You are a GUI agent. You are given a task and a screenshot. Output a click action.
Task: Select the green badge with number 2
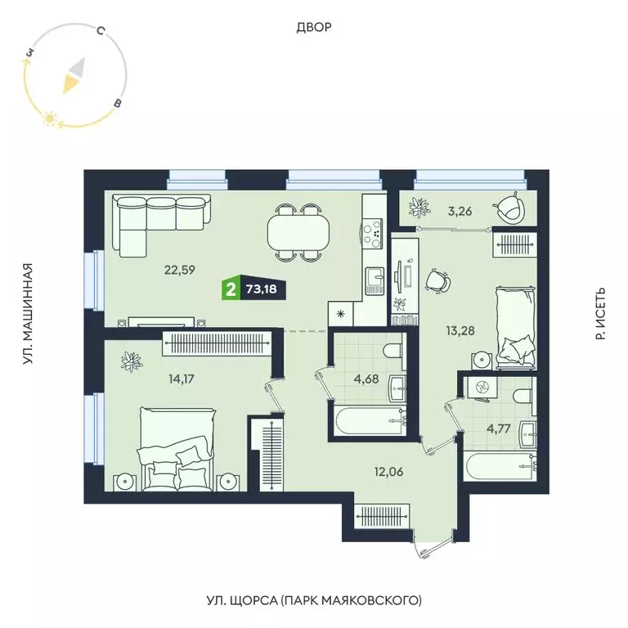[231, 289]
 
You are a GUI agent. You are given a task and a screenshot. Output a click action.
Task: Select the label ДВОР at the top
[314, 28]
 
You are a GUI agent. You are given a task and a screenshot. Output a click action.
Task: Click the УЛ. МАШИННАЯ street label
[28, 314]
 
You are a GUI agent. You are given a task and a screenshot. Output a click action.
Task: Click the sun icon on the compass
[49, 119]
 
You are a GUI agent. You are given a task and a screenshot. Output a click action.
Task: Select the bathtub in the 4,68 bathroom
[368, 422]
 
